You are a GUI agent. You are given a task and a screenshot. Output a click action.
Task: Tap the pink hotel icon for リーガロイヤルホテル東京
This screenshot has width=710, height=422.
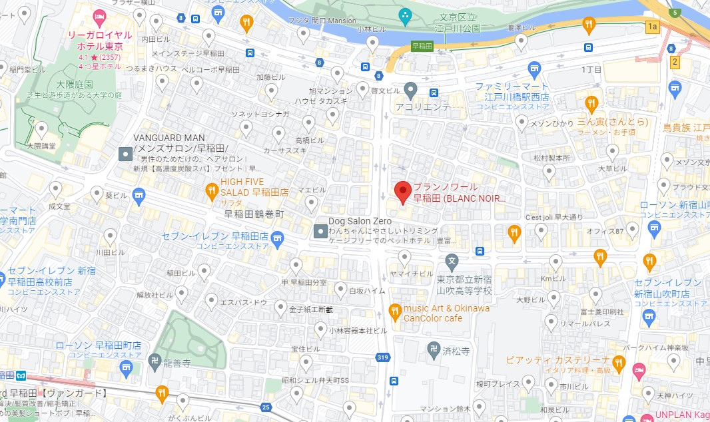[x=99, y=15]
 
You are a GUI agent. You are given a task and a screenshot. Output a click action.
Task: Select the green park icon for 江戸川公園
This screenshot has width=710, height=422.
[x=404, y=15]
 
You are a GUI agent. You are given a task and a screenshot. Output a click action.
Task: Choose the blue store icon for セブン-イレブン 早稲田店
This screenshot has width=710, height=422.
[x=278, y=236]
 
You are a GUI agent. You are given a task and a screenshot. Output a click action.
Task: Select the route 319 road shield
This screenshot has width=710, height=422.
[x=382, y=357]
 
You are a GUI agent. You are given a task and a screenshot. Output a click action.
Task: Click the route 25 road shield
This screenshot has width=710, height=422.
[x=267, y=406]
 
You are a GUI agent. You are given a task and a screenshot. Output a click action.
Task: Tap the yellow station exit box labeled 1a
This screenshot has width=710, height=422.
[x=651, y=27]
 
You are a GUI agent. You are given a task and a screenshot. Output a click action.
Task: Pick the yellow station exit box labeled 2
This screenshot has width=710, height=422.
[x=675, y=62]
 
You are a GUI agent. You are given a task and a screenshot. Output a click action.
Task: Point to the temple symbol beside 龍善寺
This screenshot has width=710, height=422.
[x=153, y=359]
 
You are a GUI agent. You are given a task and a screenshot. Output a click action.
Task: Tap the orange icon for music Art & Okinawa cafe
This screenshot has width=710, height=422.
[x=394, y=310]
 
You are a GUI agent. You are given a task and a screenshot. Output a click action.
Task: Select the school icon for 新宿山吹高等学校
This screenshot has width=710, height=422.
[x=452, y=260]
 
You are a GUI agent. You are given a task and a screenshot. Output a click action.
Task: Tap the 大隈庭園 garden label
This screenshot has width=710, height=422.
[x=75, y=85]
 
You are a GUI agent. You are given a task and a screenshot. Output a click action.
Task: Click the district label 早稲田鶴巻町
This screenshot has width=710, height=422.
[x=253, y=214]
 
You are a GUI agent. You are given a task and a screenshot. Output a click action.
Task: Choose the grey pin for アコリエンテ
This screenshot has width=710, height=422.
[x=411, y=89]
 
